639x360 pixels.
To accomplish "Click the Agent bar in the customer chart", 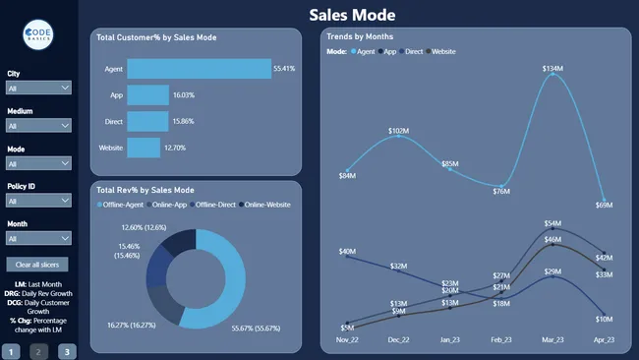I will pos(199,69).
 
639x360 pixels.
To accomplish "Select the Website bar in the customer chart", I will pos(144,148).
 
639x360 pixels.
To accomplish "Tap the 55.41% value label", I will pos(284,69).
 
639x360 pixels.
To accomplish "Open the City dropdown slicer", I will pos(38,88).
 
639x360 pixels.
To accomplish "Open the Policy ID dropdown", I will pos(38,200).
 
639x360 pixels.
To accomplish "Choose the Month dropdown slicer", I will pos(38,237).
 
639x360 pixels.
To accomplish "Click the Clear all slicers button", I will pos(37,265).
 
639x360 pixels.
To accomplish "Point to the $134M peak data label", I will pos(552,69).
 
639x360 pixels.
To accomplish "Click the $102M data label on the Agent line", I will pos(399,130).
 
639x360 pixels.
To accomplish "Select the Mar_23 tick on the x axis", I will pos(552,339).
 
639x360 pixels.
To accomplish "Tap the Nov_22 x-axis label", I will pos(347,339).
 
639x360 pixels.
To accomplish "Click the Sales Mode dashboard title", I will pos(352,15).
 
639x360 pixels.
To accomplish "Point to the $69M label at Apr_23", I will pos(604,206).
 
